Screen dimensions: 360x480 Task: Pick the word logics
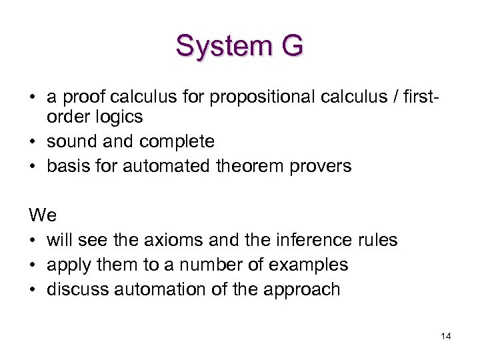[119, 117]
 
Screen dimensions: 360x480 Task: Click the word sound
[71, 141]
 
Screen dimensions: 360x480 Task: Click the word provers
[323, 166]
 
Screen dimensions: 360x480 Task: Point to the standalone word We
[42, 215]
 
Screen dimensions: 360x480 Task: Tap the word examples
[310, 265]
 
